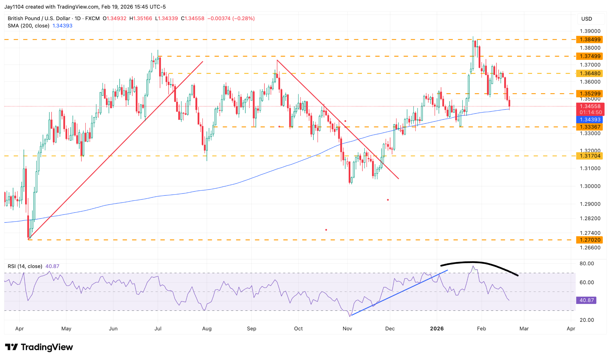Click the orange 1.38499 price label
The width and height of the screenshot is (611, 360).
point(590,39)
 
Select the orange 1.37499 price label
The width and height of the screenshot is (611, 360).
point(590,56)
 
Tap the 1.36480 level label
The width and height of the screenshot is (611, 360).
point(590,74)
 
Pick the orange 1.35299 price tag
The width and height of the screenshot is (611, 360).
point(590,94)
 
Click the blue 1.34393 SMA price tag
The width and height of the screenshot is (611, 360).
point(590,120)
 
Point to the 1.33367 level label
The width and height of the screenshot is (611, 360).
point(590,127)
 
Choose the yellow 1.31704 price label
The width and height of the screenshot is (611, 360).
point(590,156)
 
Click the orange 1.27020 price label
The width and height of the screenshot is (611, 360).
point(590,240)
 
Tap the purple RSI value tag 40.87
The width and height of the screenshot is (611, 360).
point(586,300)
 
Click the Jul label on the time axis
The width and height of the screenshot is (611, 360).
point(158,328)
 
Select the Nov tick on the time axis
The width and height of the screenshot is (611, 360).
point(347,328)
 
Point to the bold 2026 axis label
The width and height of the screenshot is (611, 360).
point(437,328)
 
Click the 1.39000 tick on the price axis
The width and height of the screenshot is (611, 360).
point(590,31)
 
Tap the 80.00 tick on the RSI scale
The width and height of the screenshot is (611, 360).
point(587,264)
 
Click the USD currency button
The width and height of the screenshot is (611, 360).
point(586,19)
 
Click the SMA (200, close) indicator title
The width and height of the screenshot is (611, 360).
point(29,26)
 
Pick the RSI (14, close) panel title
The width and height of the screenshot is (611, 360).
point(25,266)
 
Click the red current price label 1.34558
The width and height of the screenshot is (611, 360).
point(590,107)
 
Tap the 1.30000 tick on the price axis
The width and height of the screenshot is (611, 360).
point(590,186)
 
